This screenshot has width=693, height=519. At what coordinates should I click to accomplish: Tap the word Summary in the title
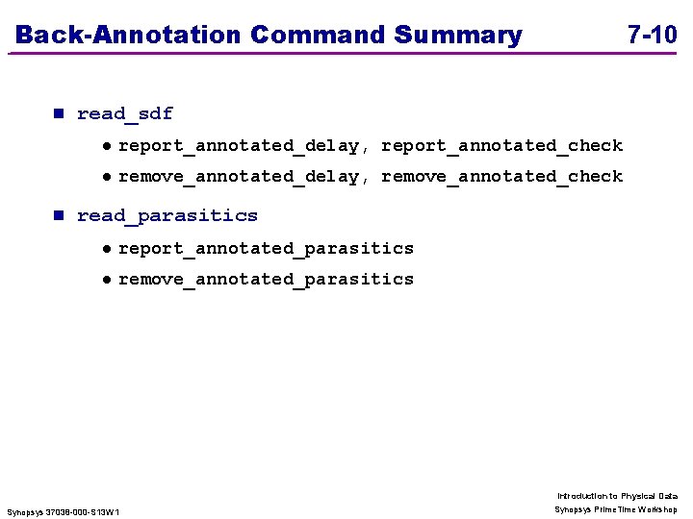coord(458,36)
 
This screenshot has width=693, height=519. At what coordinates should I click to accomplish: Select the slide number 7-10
coord(652,36)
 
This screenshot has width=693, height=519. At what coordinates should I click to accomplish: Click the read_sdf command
coord(125,113)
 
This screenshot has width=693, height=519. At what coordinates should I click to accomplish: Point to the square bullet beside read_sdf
coord(57,113)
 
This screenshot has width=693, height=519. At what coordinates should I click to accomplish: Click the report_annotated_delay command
coord(238,146)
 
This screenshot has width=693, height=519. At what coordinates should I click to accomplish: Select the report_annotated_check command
coord(502,146)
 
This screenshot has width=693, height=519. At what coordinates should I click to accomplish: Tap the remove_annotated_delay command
coord(238,177)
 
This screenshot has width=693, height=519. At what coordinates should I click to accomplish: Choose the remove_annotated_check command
coord(502,177)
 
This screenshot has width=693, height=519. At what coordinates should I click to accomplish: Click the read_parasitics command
coord(167,215)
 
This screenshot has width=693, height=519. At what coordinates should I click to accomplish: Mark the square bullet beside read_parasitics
coord(57,215)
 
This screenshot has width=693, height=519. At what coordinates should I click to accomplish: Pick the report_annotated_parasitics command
coord(266,249)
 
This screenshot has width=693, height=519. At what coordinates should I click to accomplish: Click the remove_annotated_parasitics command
coord(266,280)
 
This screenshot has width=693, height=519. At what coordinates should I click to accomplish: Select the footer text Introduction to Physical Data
coord(617,496)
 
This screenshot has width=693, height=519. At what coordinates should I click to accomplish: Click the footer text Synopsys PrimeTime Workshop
coord(616,509)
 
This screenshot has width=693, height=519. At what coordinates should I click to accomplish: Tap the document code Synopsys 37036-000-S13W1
coord(64,512)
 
